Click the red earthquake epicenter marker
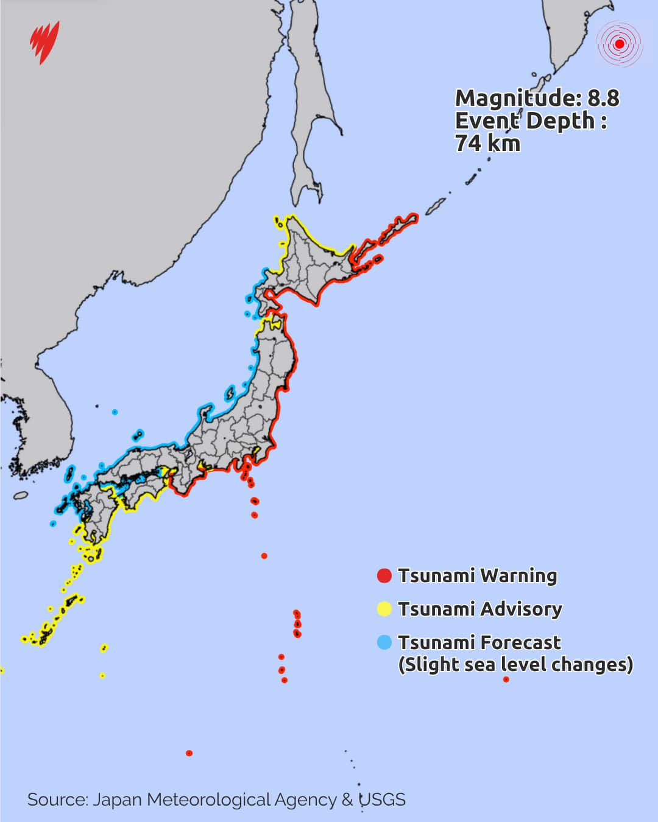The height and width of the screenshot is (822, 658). click(620, 43)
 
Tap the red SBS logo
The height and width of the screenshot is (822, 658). click(45, 41)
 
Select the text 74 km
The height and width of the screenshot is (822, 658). click(487, 143)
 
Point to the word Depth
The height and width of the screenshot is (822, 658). click(560, 121)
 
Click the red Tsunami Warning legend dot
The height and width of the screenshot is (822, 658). click(384, 575)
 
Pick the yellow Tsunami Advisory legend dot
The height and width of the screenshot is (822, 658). click(384, 609)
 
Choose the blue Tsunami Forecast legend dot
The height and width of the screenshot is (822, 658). click(384, 642)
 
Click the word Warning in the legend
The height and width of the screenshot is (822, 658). click(518, 575)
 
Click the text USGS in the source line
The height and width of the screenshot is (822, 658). click(382, 799)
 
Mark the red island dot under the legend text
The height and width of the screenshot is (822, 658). click(506, 680)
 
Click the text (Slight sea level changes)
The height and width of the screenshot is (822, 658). click(515, 664)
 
